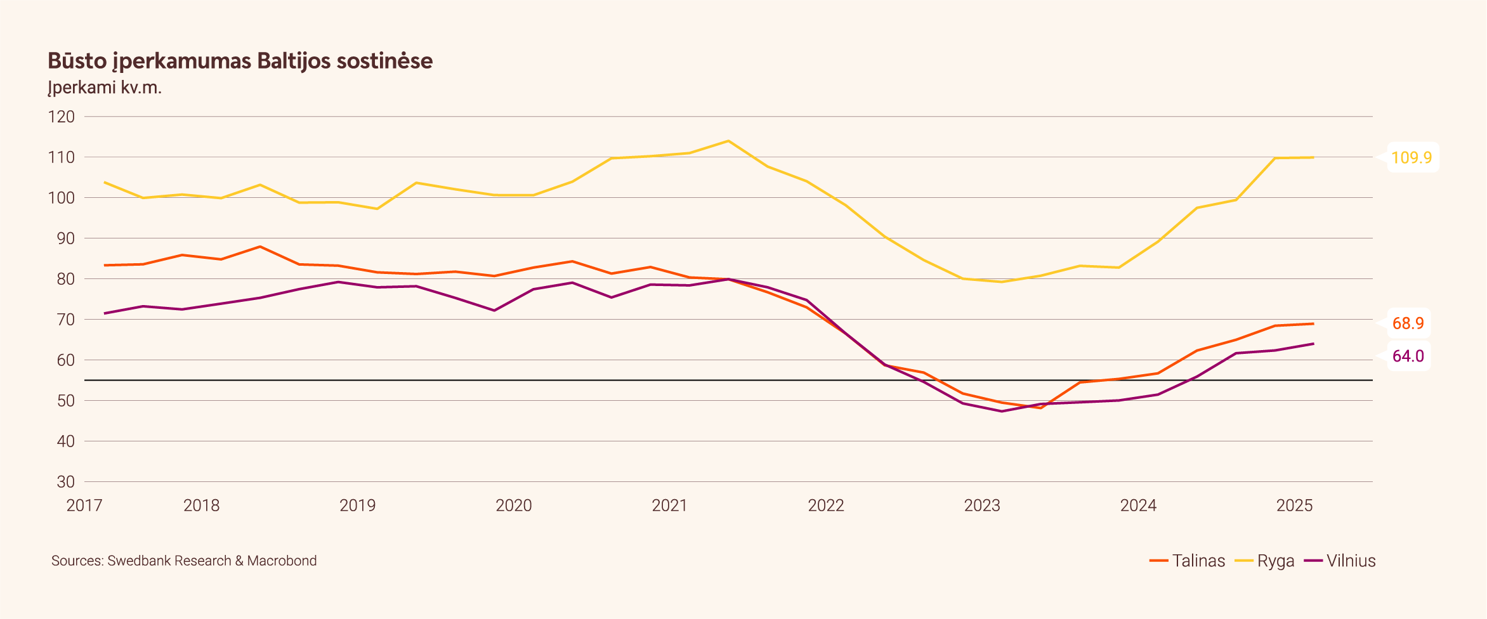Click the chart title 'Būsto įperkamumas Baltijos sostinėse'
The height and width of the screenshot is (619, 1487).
(x=240, y=61)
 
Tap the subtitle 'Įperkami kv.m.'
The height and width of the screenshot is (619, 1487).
(x=105, y=88)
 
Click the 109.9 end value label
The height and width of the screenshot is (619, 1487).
(x=1411, y=158)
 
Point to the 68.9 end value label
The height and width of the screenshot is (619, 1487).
(x=1408, y=323)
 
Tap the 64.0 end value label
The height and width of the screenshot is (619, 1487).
(x=1408, y=356)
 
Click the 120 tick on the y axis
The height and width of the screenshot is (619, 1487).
(x=62, y=117)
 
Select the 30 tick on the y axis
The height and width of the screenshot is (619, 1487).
(x=65, y=482)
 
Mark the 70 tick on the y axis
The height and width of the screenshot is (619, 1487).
(x=65, y=320)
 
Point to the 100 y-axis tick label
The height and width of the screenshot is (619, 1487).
(x=62, y=198)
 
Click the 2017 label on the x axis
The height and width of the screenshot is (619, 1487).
(x=84, y=505)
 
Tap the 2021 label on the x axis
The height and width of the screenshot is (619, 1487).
(x=669, y=505)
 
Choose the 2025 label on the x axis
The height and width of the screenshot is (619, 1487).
(x=1294, y=505)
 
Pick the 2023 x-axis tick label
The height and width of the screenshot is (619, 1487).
(x=982, y=505)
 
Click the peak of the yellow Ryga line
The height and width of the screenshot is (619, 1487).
(x=728, y=141)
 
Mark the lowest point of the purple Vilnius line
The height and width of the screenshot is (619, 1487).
(x=1002, y=411)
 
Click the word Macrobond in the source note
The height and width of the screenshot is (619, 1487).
(x=282, y=561)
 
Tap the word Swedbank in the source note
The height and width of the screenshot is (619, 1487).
(x=138, y=561)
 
